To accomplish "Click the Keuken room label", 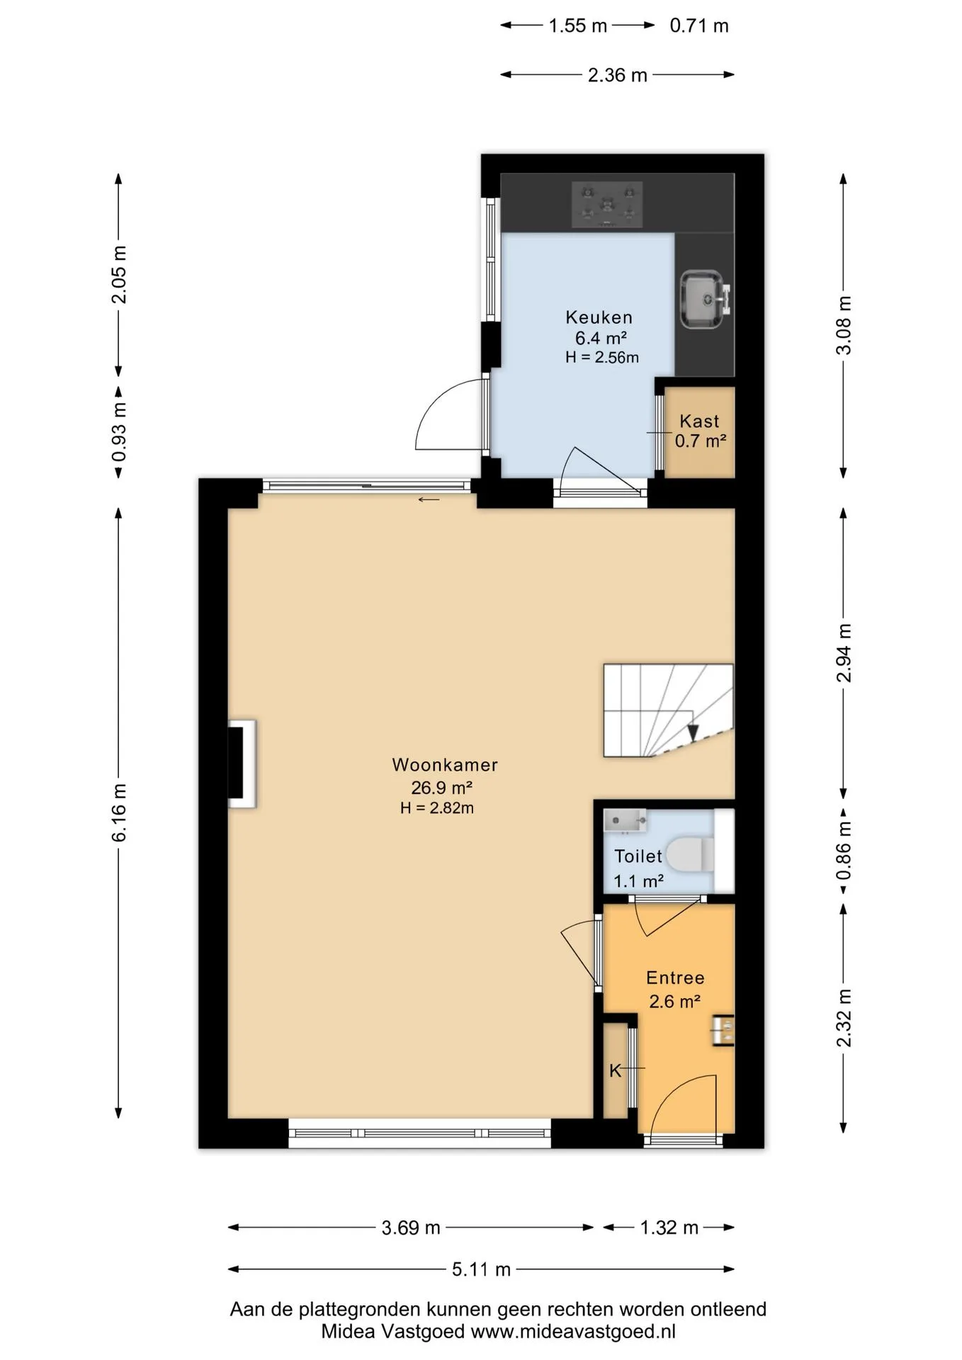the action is pyautogui.click(x=599, y=317).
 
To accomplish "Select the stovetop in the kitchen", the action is pyautogui.click(x=607, y=205).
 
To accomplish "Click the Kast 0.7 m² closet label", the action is pyautogui.click(x=700, y=431).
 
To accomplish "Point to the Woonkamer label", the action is pyautogui.click(x=445, y=765).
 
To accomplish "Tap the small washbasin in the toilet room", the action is pyautogui.click(x=625, y=820).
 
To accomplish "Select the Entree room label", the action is pyautogui.click(x=675, y=978).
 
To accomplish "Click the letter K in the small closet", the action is pyautogui.click(x=615, y=1070).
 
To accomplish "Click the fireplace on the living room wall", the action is pyautogui.click(x=242, y=764).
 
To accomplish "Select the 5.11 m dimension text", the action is pyautogui.click(x=482, y=1269).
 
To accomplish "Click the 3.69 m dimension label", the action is pyautogui.click(x=411, y=1228).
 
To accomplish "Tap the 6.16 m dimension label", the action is pyautogui.click(x=119, y=812).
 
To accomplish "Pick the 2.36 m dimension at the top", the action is pyautogui.click(x=618, y=75).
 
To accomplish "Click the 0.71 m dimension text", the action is pyautogui.click(x=699, y=26).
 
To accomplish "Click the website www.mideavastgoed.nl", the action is pyautogui.click(x=573, y=1331).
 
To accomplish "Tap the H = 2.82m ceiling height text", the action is pyautogui.click(x=437, y=807).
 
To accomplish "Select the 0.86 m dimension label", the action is pyautogui.click(x=844, y=850).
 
